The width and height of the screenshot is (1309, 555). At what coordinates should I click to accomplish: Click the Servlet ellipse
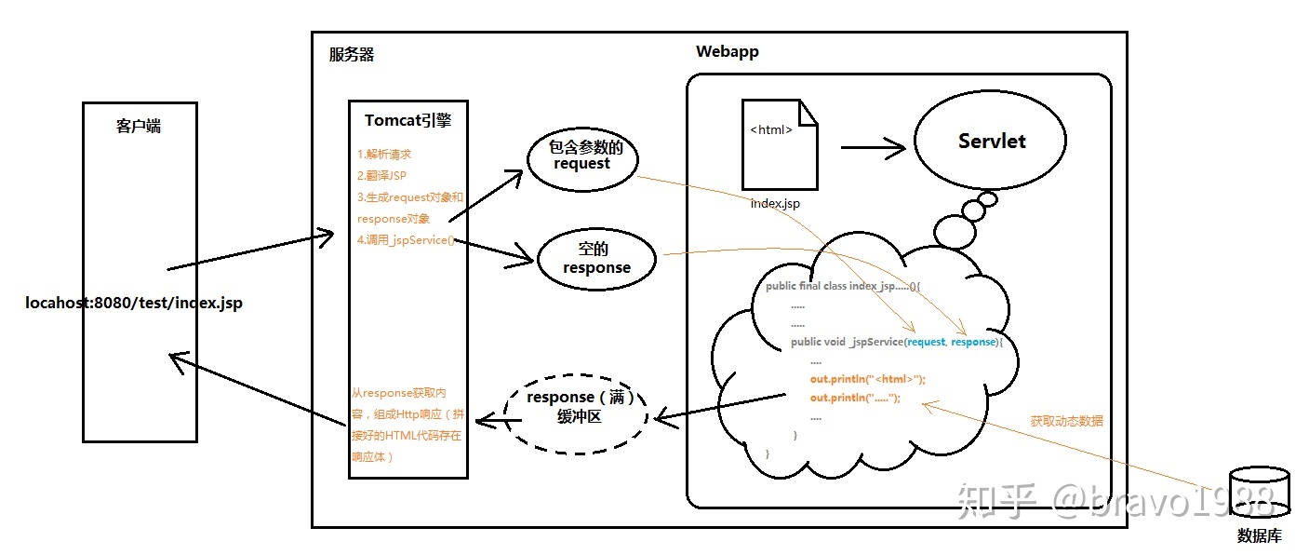pos(990,141)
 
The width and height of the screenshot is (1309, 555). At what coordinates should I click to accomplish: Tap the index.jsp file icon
pos(780,144)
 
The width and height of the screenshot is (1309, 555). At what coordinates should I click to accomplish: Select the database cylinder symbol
pos(1260,493)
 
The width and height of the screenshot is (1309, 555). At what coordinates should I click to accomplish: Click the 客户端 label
pos(139,126)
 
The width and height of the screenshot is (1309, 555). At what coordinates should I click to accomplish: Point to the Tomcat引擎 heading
pos(407,120)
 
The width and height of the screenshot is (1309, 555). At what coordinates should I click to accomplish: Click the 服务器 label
pos(352,54)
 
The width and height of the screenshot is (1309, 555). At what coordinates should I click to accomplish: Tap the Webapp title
pos(727,51)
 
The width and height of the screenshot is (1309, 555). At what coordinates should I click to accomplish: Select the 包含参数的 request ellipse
pos(582,159)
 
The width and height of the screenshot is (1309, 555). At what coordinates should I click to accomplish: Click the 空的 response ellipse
pos(596,259)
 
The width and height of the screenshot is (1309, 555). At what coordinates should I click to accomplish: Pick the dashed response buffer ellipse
pos(576,414)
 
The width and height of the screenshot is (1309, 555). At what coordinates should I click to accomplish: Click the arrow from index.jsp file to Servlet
pos(873,148)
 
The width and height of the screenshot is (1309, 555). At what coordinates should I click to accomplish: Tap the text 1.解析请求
pos(384,155)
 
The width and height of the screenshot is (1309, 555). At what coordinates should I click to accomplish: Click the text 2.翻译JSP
pos(381,175)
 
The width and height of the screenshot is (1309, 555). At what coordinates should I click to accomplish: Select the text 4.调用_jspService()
pos(406,239)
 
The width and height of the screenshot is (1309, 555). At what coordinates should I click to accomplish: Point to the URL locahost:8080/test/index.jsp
pos(134,303)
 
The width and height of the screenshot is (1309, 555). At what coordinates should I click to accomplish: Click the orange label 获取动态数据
pos(1066,421)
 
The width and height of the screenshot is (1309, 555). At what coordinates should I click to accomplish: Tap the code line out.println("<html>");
pos(868,379)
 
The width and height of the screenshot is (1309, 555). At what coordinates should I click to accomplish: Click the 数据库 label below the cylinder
pos(1260,535)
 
